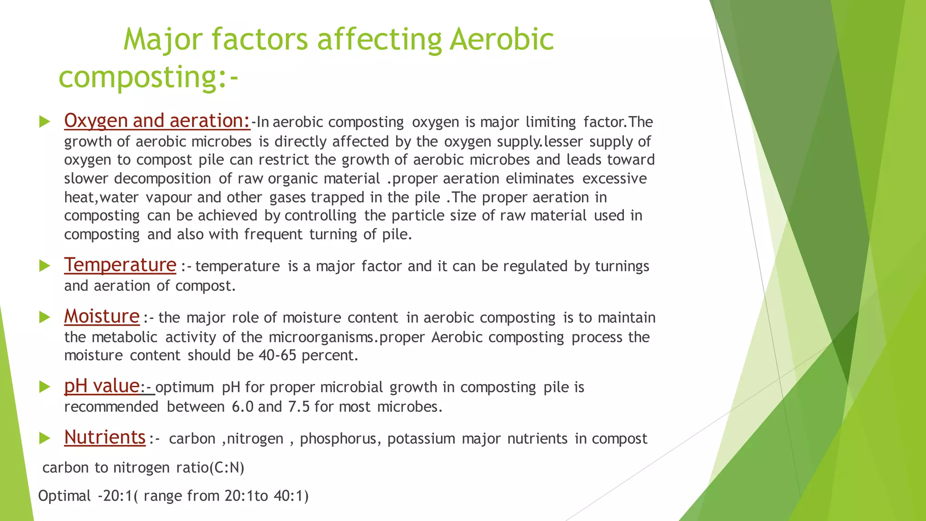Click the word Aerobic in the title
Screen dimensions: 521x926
pyautogui.click(x=501, y=39)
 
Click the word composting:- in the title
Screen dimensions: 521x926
pyautogui.click(x=148, y=77)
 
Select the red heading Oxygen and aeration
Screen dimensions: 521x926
pyautogui.click(x=156, y=121)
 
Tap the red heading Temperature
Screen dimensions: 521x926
pyautogui.click(x=120, y=265)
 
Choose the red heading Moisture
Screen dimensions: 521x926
pyautogui.click(x=102, y=317)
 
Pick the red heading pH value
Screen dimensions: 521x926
pyautogui.click(x=102, y=386)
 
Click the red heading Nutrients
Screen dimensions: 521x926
pyautogui.click(x=105, y=438)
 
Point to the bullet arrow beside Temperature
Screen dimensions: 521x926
pyautogui.click(x=44, y=265)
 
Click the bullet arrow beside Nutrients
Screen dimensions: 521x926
pyautogui.click(x=44, y=438)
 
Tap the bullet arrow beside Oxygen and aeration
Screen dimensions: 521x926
pyautogui.click(x=44, y=121)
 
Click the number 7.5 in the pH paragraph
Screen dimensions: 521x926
pyautogui.click(x=298, y=407)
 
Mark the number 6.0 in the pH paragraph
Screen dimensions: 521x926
pyautogui.click(x=242, y=407)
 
